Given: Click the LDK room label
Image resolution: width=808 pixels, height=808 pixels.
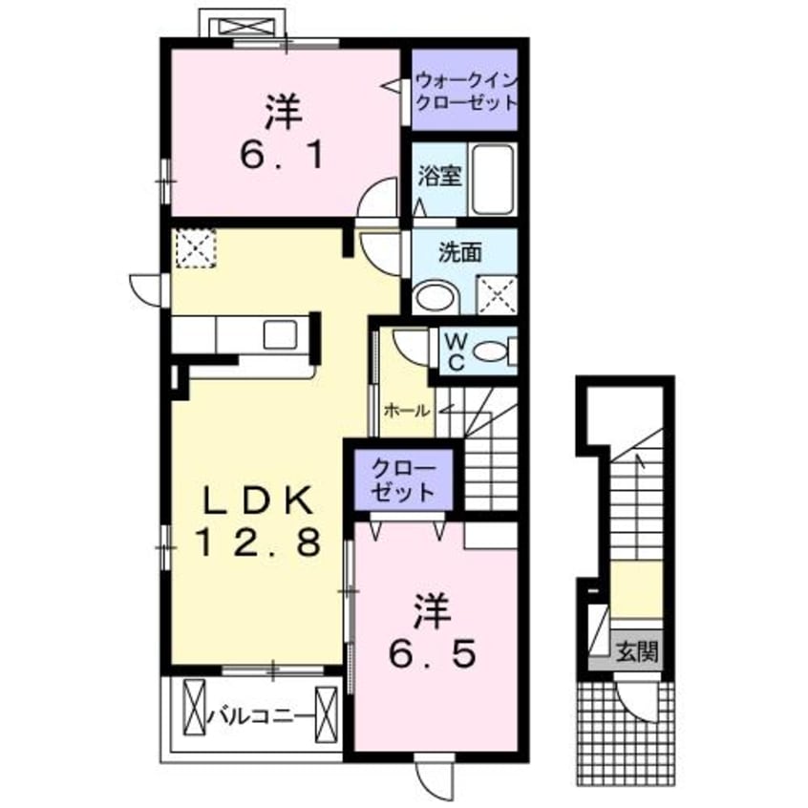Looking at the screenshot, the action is tap(258, 500).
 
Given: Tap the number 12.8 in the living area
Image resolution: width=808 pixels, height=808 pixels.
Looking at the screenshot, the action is tap(258, 542).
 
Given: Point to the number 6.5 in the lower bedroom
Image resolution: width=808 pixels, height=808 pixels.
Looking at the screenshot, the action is tap(432, 654).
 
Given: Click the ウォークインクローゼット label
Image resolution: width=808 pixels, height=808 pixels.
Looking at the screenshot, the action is tap(466, 93).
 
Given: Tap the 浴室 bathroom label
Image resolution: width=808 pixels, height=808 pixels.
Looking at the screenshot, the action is tap(439, 177).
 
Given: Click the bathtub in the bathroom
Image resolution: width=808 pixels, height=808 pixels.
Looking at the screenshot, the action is tap(493, 179).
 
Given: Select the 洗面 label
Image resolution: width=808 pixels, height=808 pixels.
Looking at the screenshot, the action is tap(459, 252).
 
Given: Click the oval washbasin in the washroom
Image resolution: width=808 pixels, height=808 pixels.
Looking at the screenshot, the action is tap(436, 297).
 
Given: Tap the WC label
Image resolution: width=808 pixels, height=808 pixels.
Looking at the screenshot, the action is tap(456, 351).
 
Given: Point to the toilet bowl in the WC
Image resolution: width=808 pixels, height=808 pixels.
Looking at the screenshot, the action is tap(492, 352).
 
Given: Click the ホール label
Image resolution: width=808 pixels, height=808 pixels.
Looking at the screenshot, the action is tap(407, 412).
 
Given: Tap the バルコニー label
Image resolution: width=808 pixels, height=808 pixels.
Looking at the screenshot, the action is tap(261, 716).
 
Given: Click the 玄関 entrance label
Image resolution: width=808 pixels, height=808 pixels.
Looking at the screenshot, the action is tap(637, 651).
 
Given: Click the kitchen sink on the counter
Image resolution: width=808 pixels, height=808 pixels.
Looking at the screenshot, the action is tap(281, 334).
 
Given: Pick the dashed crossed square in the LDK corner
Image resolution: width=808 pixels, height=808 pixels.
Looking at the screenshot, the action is tap(195, 248).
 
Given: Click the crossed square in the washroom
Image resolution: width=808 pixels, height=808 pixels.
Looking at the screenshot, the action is tap(498, 295).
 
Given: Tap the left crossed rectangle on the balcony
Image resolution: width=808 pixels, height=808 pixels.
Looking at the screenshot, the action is tap(194, 707).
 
